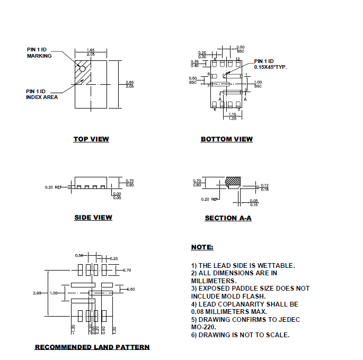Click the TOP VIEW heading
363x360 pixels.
point(91,139)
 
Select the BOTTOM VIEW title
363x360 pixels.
point(226,139)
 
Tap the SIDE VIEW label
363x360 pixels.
point(93,218)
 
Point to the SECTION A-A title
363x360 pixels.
point(228,218)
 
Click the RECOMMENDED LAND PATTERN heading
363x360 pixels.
point(92,347)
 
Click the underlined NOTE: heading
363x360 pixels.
point(202,247)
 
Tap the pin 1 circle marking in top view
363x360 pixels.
point(82,68)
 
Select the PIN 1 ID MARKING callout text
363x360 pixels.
point(39,52)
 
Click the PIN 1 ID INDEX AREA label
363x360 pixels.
point(42,94)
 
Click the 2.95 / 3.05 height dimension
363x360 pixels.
point(129,84)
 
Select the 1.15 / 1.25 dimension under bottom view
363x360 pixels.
point(232,116)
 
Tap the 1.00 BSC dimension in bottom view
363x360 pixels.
point(258,84)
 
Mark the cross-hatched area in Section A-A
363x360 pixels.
point(232,181)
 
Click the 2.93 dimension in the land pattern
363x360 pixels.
point(37,293)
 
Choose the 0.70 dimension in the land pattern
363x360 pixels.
point(127,270)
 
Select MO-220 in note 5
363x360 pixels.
point(204,327)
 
